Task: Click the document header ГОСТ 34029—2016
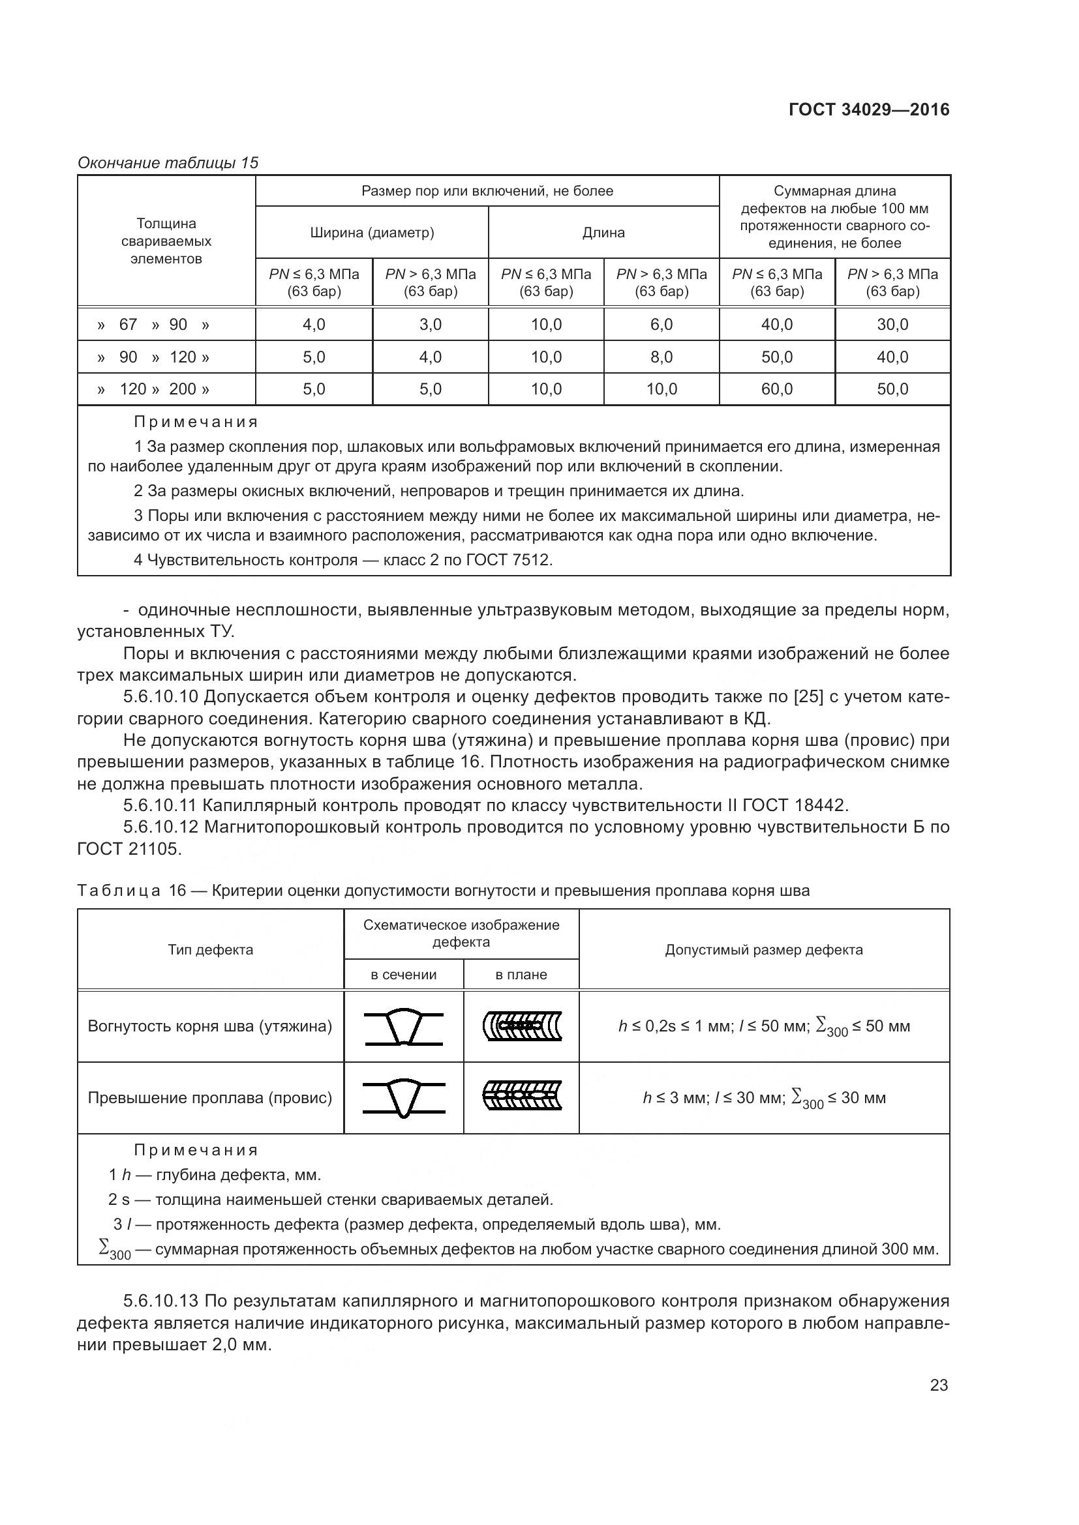(x=868, y=110)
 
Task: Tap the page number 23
(x=939, y=1385)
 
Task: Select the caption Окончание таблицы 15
(x=168, y=163)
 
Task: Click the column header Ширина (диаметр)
(x=372, y=233)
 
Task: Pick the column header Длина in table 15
(x=603, y=233)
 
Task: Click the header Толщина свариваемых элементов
(x=166, y=241)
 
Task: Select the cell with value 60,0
(x=777, y=389)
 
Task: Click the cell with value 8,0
(x=661, y=357)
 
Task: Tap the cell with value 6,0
(x=661, y=325)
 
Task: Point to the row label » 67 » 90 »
(x=153, y=325)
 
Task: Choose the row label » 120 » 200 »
(x=153, y=389)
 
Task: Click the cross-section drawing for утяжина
(x=403, y=1027)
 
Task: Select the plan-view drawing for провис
(x=522, y=1097)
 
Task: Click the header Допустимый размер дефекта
(x=763, y=950)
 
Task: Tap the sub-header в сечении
(x=403, y=975)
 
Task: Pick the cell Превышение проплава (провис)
(x=210, y=1097)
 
